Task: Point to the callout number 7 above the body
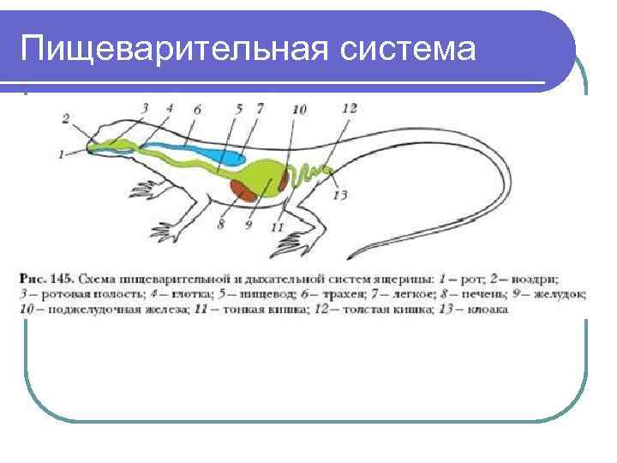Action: coord(260,109)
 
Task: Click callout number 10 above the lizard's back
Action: coord(298,110)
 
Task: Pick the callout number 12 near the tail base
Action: coord(349,108)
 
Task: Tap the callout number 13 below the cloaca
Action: coord(340,195)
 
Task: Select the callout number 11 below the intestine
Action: coord(276,226)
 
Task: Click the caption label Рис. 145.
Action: coord(45,280)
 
